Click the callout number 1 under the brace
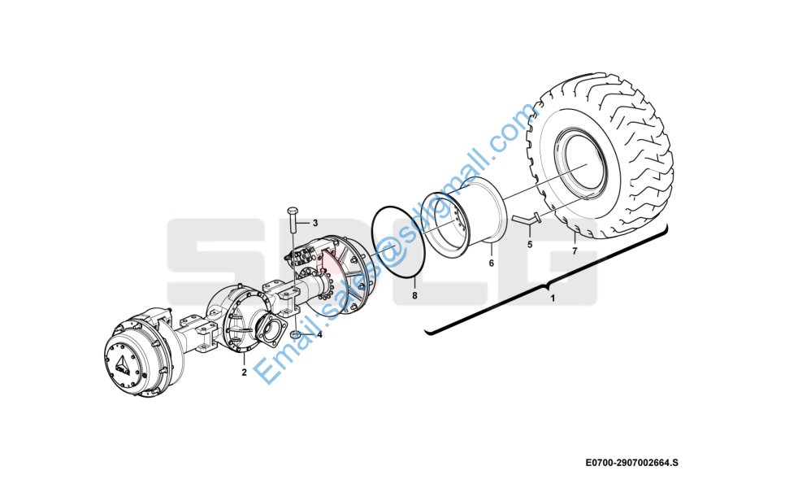click(x=553, y=298)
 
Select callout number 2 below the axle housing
click(x=245, y=373)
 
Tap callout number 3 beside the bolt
click(x=315, y=223)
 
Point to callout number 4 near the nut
click(x=319, y=334)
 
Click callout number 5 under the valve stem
click(x=530, y=245)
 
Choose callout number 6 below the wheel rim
click(x=492, y=264)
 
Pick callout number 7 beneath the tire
click(x=575, y=251)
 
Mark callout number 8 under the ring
click(x=414, y=295)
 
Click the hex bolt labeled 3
click(x=293, y=220)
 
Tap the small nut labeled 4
click(x=296, y=334)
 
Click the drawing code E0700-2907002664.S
click(x=631, y=463)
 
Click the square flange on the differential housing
click(x=269, y=330)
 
